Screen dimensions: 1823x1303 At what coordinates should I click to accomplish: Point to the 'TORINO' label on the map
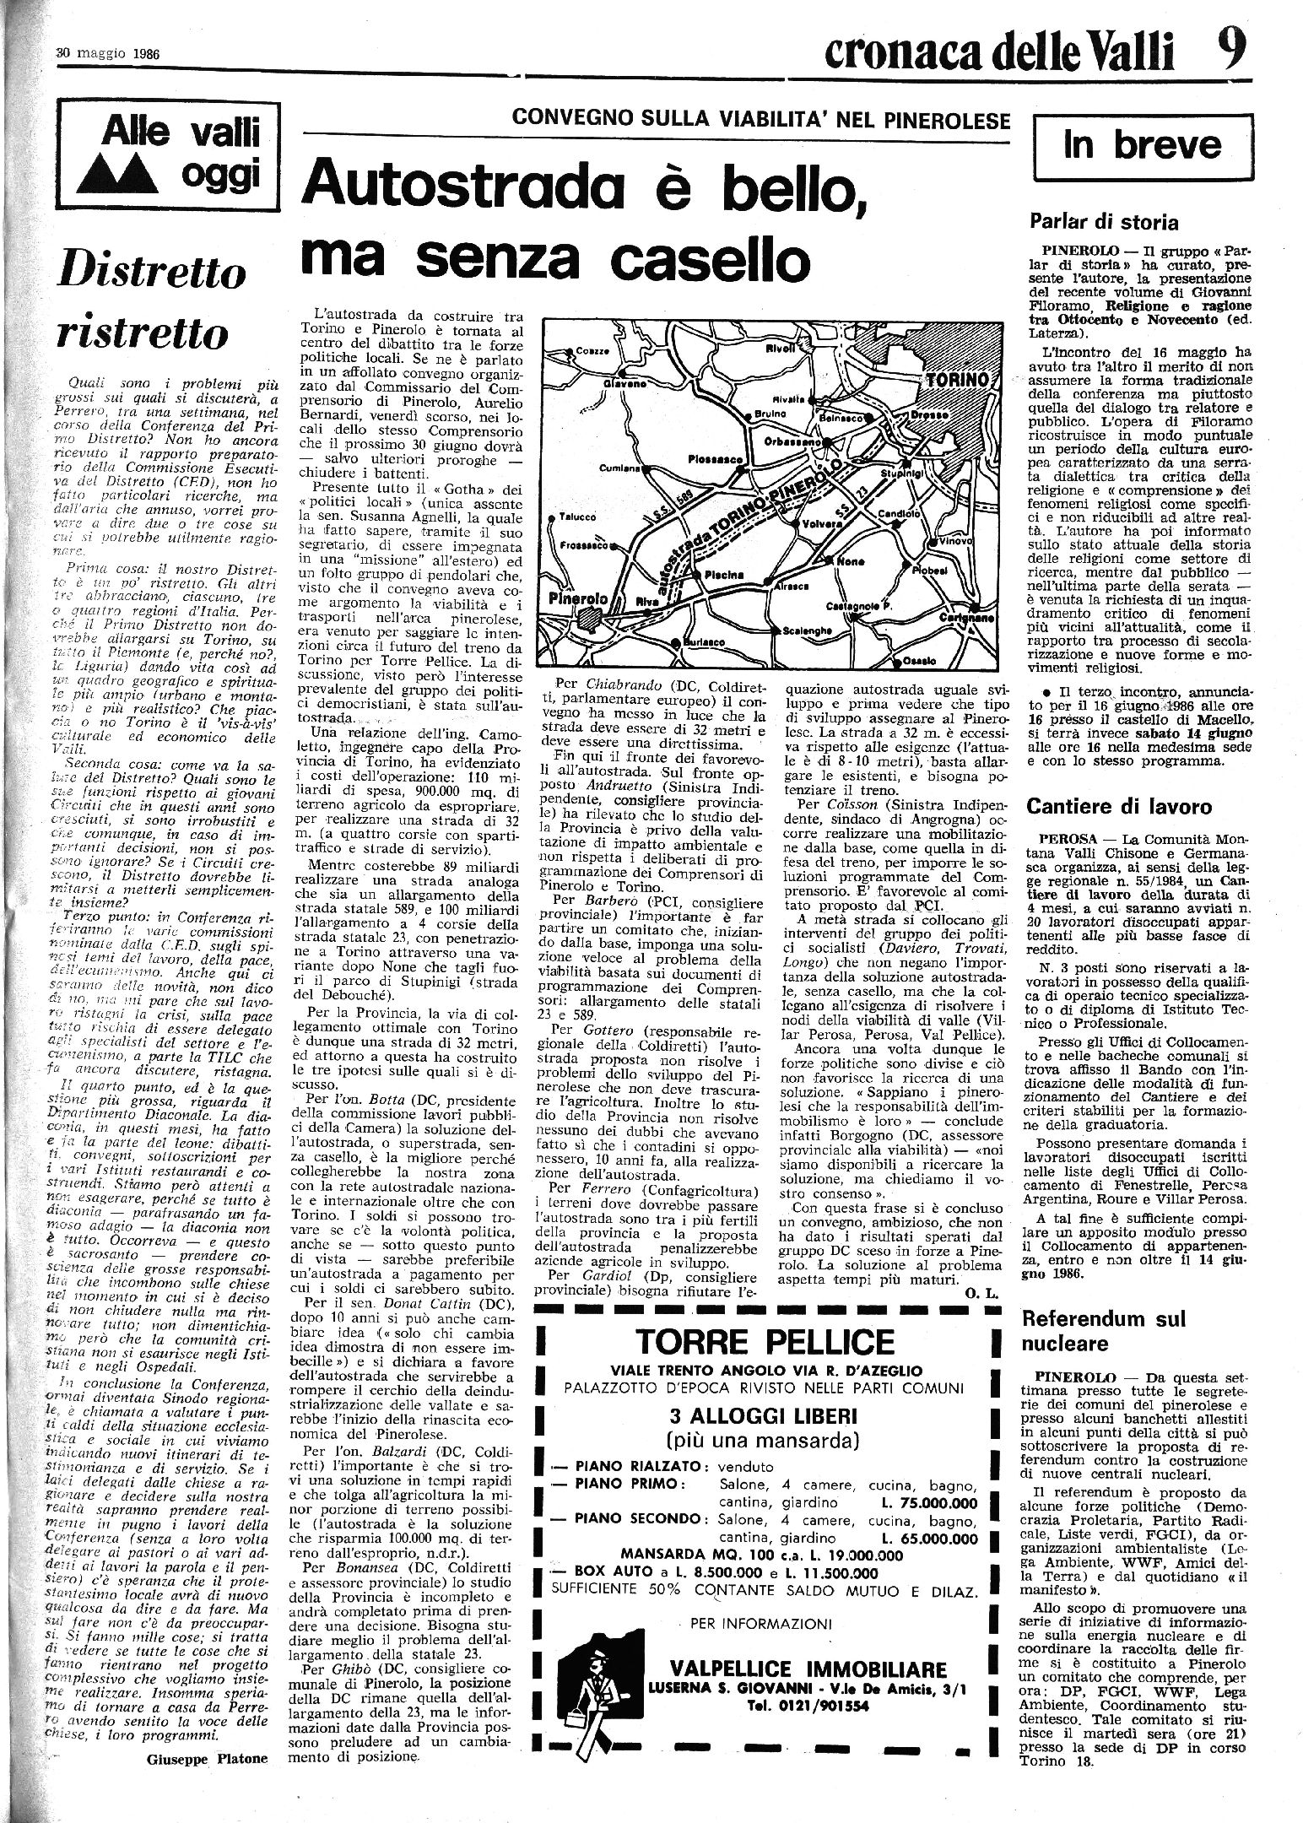click(955, 381)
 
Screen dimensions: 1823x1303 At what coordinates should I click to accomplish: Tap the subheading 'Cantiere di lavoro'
click(1119, 806)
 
